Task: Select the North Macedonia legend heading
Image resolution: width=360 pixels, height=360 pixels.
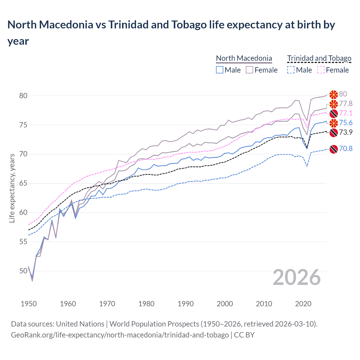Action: [244, 58]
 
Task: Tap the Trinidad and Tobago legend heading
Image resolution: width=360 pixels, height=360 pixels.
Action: [319, 58]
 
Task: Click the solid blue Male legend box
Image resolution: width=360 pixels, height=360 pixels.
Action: [220, 70]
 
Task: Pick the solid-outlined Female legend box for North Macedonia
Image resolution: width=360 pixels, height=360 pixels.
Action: [249, 70]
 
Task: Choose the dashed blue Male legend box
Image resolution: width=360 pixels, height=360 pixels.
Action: [291, 70]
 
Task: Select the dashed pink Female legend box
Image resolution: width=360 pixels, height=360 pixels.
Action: [321, 70]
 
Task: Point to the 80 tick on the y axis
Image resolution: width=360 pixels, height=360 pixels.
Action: [23, 96]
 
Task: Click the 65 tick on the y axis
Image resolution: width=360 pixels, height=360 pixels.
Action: [23, 183]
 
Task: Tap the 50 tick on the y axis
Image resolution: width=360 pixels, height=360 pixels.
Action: [23, 271]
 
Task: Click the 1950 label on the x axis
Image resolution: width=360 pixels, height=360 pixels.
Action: [29, 304]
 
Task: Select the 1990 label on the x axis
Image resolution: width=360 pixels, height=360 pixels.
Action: [186, 304]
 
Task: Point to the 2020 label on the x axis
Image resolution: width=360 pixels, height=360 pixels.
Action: [303, 304]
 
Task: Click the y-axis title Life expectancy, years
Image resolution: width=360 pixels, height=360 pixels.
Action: [12, 188]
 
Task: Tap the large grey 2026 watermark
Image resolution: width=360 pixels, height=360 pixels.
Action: [297, 277]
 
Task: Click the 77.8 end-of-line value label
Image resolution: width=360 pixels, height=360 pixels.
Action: [346, 103]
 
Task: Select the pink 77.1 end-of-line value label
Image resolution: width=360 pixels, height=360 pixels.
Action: [346, 113]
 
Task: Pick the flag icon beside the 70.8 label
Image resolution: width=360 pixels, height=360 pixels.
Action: [334, 149]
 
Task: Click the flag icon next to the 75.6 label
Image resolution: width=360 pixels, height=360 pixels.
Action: [334, 123]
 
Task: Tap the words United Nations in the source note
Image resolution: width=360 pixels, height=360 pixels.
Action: [80, 324]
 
